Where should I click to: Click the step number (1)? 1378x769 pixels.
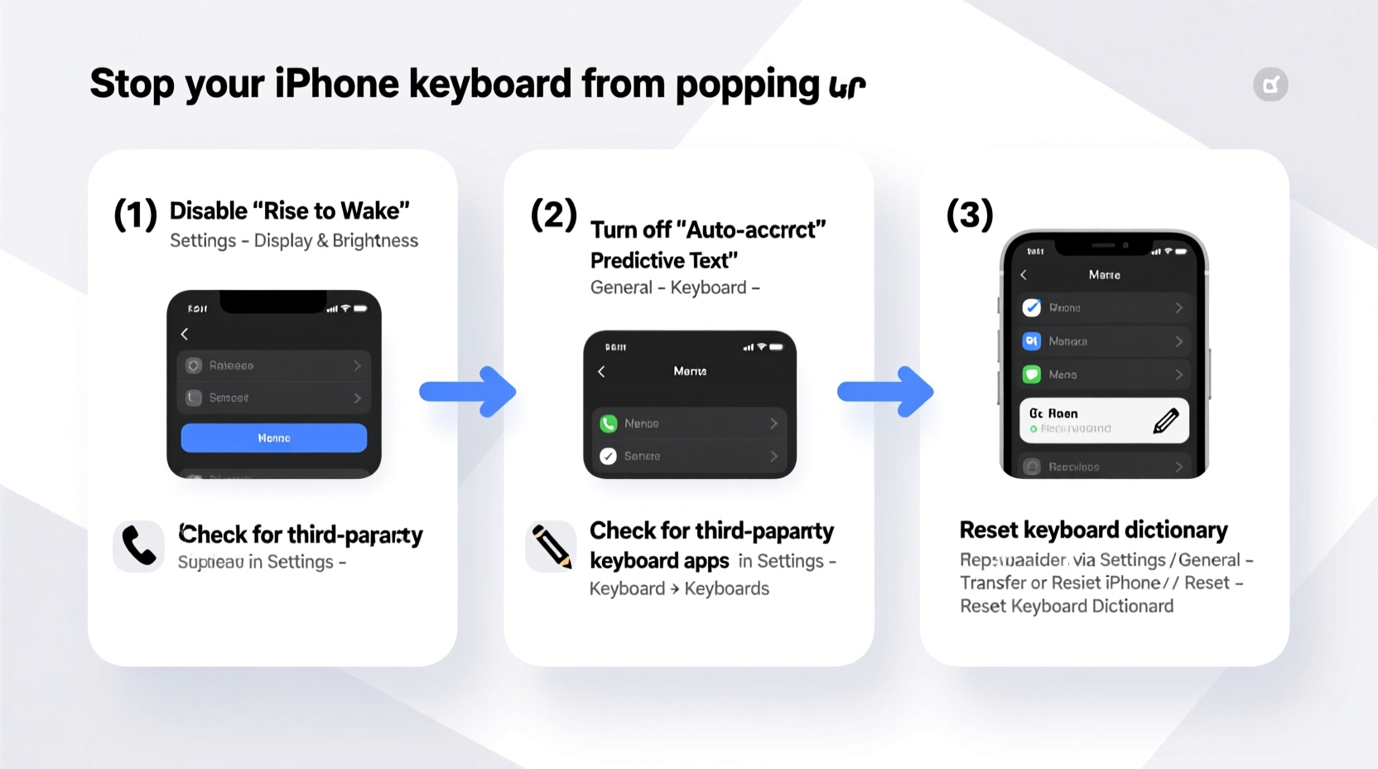135,215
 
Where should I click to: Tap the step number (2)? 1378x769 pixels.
553,215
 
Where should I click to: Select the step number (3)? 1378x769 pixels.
969,215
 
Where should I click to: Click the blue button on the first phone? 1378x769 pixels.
273,438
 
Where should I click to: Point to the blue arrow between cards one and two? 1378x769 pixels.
469,391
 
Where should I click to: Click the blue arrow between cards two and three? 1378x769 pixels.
886,391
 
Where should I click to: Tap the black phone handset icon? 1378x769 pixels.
138,546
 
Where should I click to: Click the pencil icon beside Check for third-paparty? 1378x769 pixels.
551,546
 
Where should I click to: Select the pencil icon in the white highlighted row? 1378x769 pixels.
1165,421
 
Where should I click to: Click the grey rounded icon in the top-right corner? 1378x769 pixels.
1270,85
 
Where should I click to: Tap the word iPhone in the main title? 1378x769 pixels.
336,84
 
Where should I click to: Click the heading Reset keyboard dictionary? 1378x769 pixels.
1093,530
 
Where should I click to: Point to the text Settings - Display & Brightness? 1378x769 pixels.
294,240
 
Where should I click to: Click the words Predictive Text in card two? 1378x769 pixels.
663,260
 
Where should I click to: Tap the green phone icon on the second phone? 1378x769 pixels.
609,423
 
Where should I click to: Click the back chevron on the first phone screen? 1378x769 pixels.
185,334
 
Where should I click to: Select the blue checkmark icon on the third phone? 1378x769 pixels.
1032,307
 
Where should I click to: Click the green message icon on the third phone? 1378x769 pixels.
1032,375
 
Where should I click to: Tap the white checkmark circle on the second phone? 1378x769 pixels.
609,456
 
